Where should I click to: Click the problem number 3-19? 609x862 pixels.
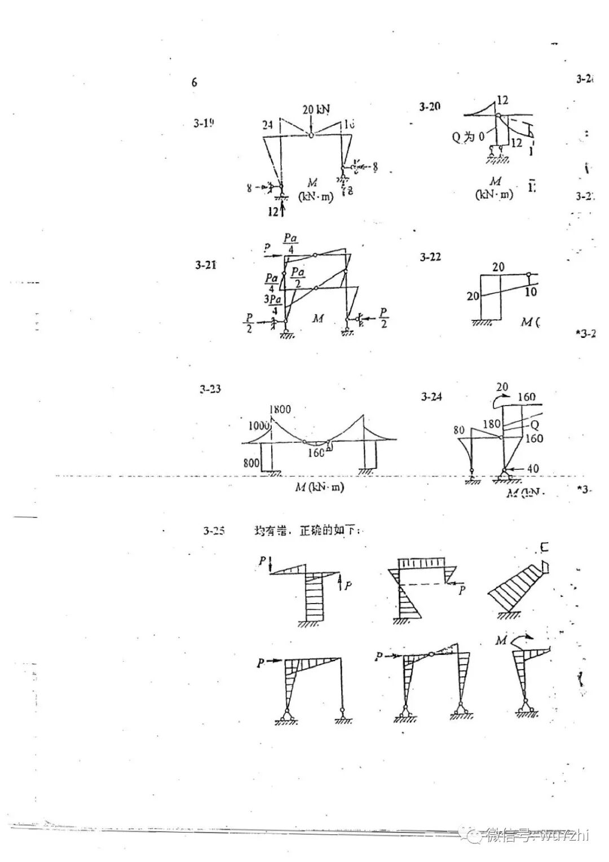204,123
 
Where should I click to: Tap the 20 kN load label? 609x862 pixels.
316,109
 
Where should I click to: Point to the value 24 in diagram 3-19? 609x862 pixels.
267,125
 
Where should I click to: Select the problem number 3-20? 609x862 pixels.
430,106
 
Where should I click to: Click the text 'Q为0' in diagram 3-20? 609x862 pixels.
468,137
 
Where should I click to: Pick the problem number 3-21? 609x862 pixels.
206,265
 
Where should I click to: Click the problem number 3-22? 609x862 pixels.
430,257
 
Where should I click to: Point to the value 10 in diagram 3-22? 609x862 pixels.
530,292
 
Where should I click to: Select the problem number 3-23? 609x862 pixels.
210,389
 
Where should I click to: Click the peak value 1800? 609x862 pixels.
280,410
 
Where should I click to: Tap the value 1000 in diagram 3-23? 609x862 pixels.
259,425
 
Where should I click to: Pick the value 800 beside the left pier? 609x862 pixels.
251,463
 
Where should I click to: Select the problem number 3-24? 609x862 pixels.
431,397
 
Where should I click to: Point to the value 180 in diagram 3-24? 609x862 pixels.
491,424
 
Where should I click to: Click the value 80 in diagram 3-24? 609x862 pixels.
459,430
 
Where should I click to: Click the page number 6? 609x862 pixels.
194,82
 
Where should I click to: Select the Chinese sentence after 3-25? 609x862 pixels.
307,531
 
